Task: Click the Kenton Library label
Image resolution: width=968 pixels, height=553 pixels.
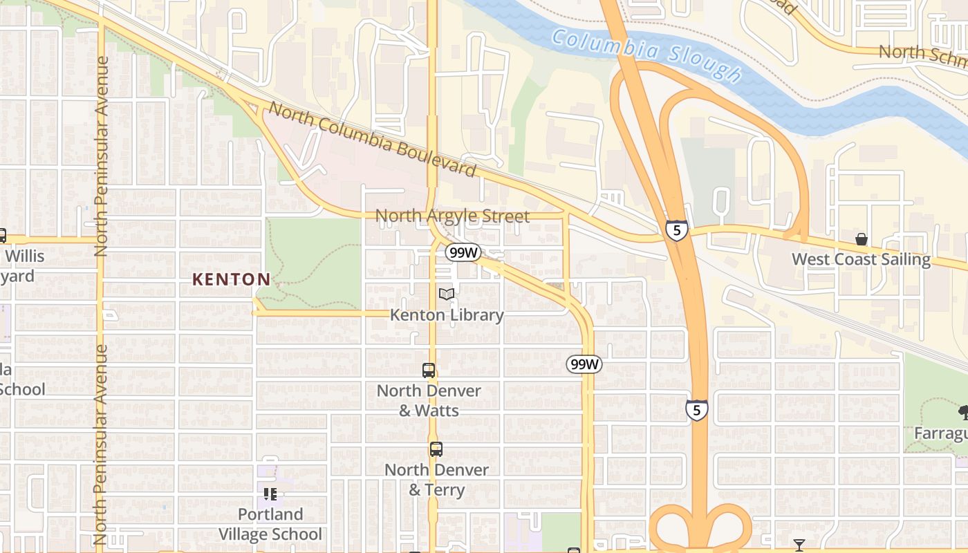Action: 447,315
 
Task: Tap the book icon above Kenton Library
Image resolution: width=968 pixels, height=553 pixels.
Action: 447,294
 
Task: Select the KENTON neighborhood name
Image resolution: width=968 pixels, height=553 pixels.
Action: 231,279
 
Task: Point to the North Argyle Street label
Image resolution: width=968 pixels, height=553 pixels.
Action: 452,216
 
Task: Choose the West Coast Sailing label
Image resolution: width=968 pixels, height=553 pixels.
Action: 861,259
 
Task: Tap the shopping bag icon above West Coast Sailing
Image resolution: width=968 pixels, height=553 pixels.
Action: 862,239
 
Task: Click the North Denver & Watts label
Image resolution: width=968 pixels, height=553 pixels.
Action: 429,400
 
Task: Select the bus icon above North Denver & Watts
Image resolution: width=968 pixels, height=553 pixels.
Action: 429,371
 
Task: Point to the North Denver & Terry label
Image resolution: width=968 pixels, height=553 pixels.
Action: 436,479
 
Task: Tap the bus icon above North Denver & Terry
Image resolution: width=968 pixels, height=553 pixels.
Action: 436,449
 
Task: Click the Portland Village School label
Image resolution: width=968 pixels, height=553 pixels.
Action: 270,524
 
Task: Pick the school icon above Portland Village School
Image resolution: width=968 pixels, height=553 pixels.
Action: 270,494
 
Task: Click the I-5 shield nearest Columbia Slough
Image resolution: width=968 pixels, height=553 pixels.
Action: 677,230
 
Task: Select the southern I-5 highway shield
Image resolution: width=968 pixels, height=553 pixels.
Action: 697,410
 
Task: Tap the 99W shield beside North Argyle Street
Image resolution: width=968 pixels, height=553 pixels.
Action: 463,252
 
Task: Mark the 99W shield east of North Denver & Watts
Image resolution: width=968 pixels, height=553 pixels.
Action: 584,364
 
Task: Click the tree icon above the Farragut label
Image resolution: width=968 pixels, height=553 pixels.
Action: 963,413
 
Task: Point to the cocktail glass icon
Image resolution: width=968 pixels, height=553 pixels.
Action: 799,545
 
